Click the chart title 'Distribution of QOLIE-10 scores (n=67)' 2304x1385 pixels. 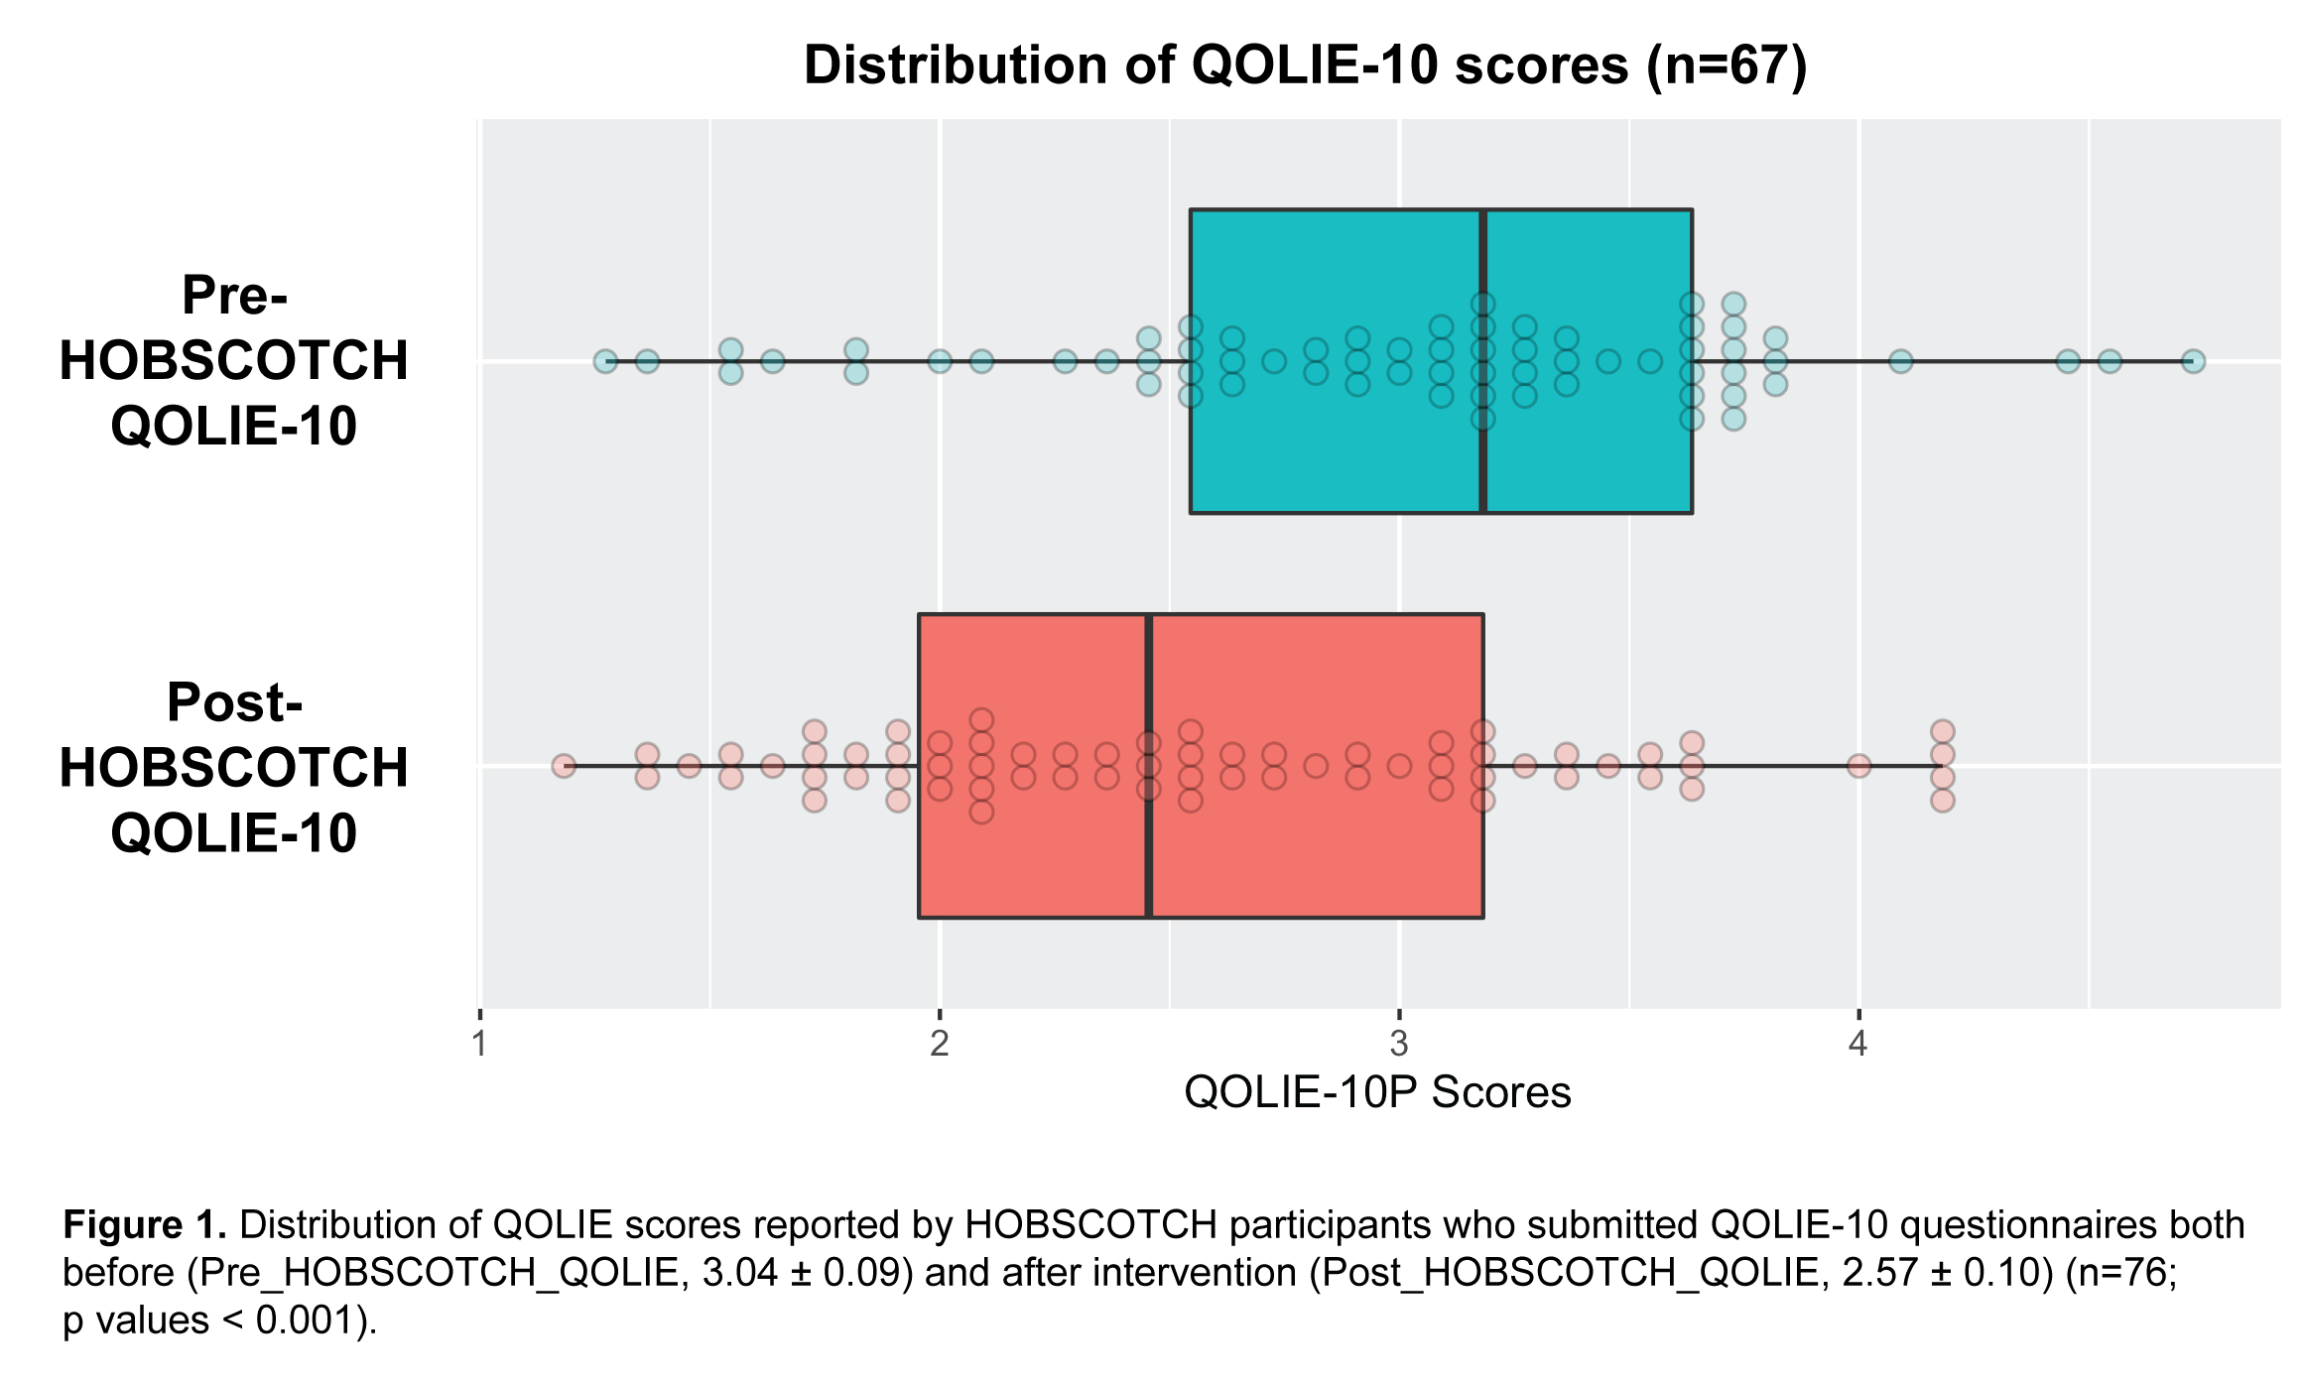click(1305, 65)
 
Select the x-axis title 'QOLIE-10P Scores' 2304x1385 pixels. click(1377, 1092)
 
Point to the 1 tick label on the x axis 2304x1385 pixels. click(480, 1044)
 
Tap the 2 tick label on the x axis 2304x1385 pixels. click(940, 1044)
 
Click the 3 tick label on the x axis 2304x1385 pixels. click(1399, 1044)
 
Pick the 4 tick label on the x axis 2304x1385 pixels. click(1857, 1044)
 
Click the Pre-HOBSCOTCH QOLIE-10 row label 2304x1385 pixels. click(234, 360)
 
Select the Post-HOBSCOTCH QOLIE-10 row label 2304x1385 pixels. click(234, 767)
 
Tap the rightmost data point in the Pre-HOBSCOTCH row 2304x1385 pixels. click(2193, 361)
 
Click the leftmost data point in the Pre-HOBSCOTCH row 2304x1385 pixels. click(605, 361)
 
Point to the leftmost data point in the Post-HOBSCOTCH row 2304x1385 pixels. click(564, 766)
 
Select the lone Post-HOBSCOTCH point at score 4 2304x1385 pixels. click(1858, 766)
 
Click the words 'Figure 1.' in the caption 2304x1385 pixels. click(145, 1225)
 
